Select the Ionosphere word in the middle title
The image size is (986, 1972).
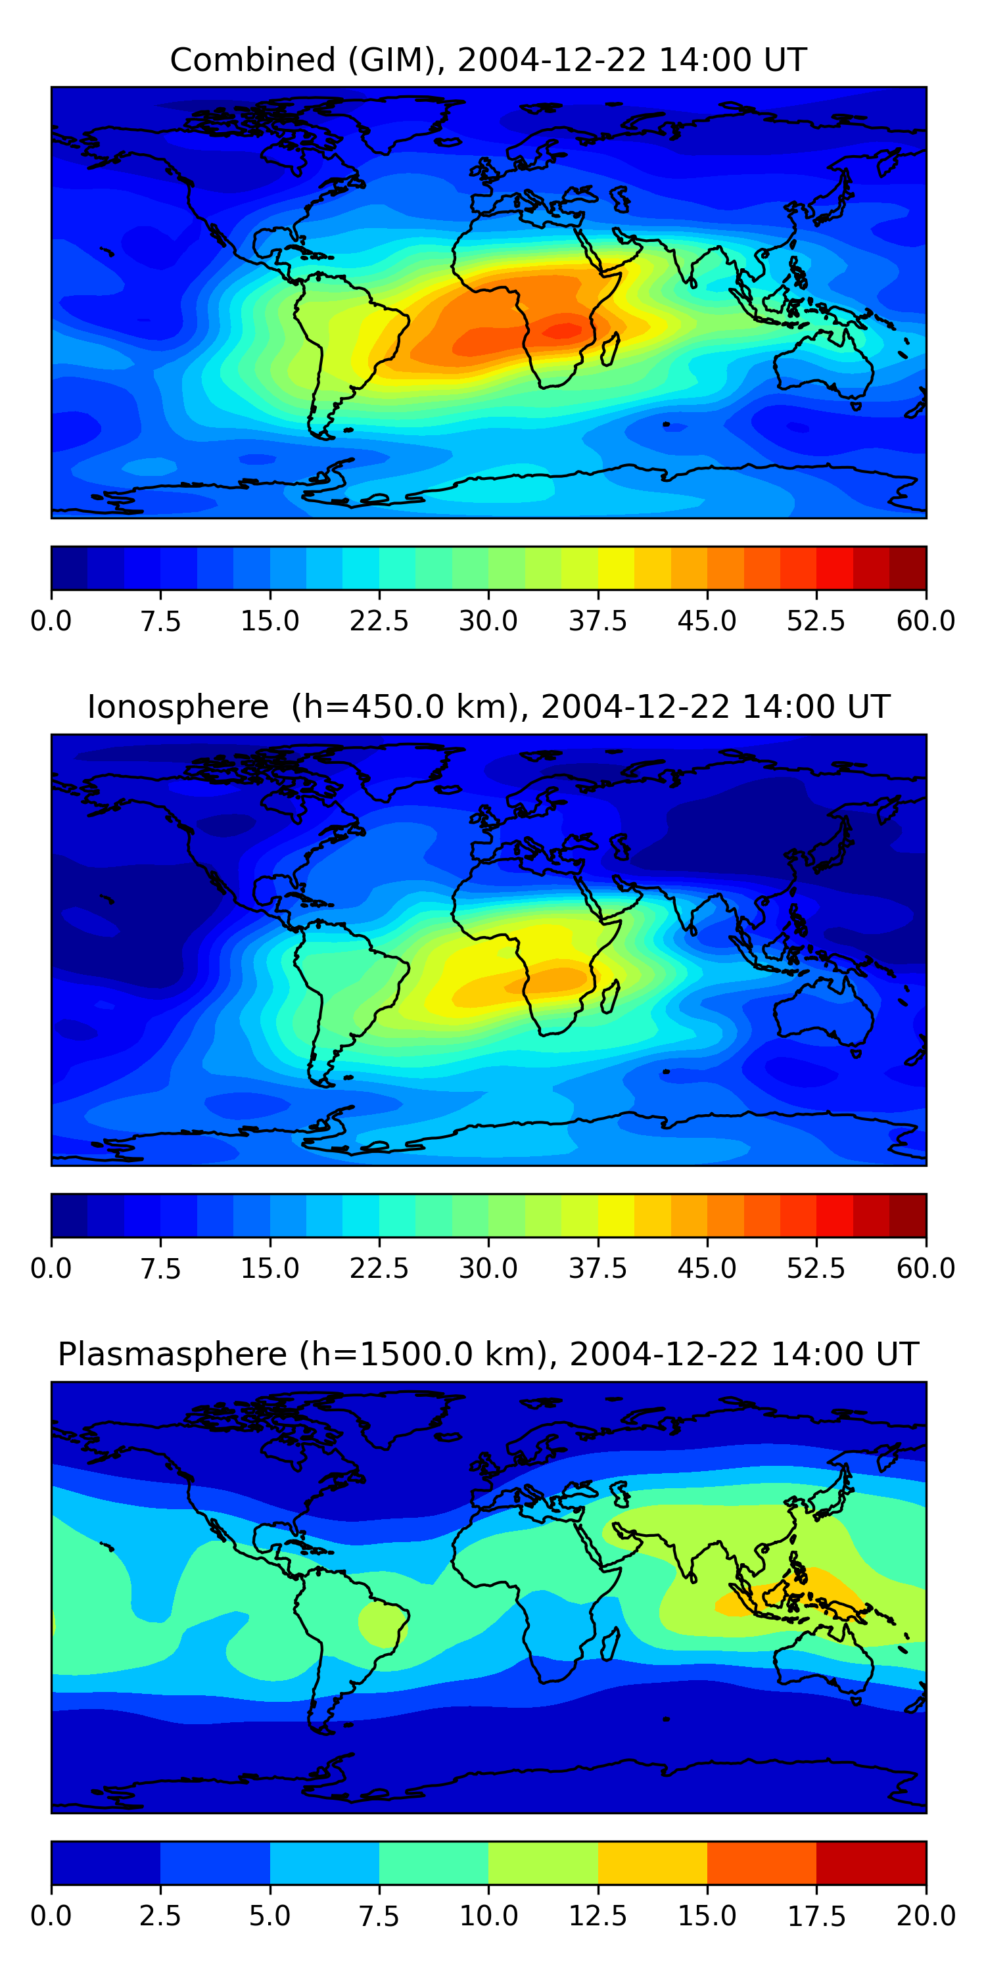177,707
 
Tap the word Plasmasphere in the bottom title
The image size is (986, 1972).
172,1354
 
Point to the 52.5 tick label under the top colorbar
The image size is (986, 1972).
816,621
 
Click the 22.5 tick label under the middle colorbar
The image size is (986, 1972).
379,1269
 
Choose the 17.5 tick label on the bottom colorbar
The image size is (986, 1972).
816,1916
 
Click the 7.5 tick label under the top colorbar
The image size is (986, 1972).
160,621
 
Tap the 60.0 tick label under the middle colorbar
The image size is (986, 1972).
926,1269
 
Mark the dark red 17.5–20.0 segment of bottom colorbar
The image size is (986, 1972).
871,1862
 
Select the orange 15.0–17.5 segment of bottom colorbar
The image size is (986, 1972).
762,1862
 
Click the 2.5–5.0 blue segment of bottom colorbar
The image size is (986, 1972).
215,1862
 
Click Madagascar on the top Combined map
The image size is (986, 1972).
610,348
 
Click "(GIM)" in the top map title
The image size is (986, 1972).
396,60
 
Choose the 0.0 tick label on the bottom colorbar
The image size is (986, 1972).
51,1916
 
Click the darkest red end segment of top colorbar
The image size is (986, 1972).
908,568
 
